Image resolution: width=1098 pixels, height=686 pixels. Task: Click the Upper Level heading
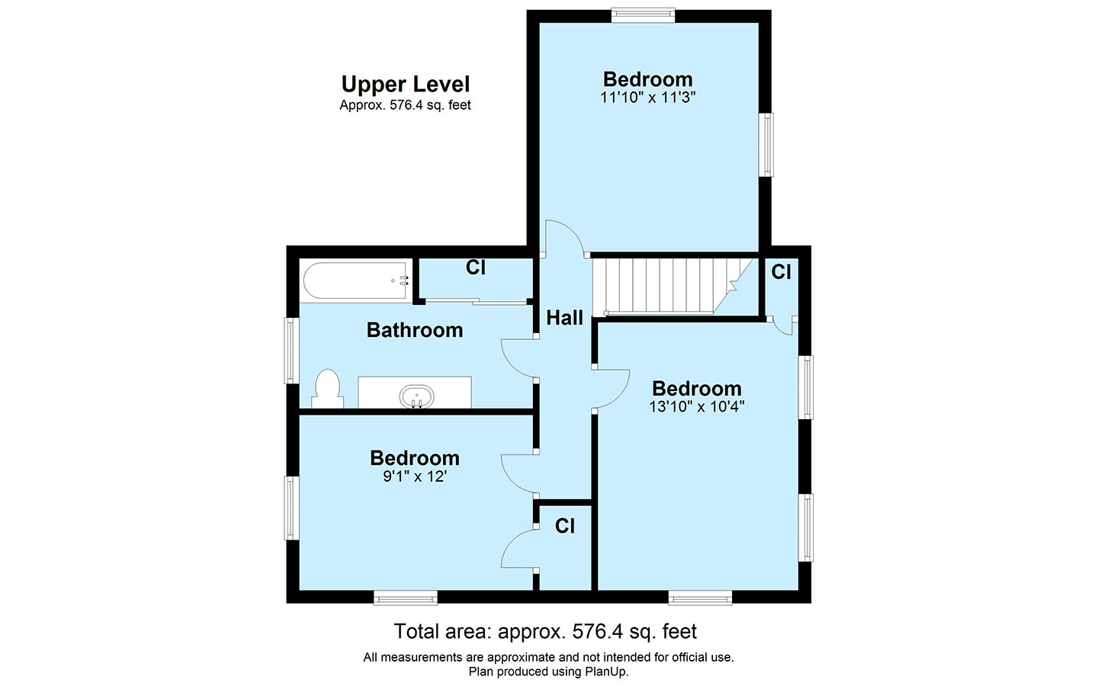406,85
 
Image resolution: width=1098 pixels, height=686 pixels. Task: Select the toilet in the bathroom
327,389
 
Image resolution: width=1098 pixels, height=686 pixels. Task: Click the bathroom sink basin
416,397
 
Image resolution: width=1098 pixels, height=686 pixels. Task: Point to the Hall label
565,318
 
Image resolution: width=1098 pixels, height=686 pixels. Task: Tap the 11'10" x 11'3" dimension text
648,98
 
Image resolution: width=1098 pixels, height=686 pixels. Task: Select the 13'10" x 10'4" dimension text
697,407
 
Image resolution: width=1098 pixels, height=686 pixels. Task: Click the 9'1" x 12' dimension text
415,476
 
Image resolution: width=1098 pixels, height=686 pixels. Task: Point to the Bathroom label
415,330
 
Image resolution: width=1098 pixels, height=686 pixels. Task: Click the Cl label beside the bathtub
476,268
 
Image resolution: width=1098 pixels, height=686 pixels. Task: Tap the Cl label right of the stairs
781,271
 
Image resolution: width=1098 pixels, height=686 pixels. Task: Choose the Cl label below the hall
565,526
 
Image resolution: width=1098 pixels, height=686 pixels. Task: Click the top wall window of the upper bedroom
643,16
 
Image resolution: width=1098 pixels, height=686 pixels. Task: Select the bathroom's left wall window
292,351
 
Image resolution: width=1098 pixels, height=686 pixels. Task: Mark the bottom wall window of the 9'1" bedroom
406,598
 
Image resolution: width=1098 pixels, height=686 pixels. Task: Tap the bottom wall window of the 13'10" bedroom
701,598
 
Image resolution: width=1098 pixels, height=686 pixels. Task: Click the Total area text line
545,632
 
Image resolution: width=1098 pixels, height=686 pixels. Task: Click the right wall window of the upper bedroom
766,145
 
